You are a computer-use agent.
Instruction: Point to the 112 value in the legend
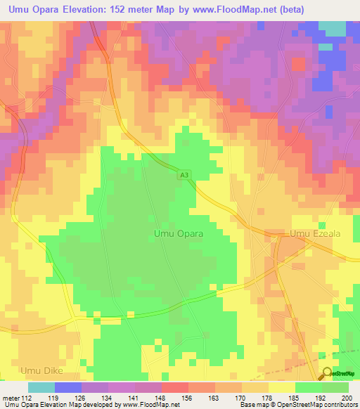pyautogui.click(x=27, y=398)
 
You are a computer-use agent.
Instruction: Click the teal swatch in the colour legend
pyautogui.click(x=41, y=387)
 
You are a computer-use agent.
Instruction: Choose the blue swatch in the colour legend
pyautogui.click(x=68, y=387)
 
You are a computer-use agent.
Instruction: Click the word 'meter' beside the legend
pyautogui.click(x=11, y=398)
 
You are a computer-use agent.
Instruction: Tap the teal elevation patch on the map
pyautogui.click(x=332, y=28)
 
